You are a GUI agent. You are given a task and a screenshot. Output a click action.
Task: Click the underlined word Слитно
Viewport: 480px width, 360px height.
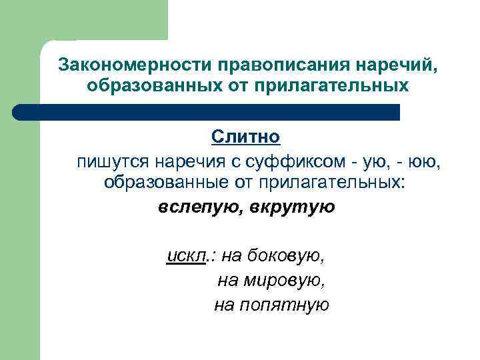click(x=246, y=137)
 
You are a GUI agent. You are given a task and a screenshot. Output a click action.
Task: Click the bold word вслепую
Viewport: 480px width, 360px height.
click(x=200, y=207)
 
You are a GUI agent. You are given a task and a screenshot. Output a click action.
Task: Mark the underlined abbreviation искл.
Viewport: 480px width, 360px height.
click(x=187, y=255)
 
